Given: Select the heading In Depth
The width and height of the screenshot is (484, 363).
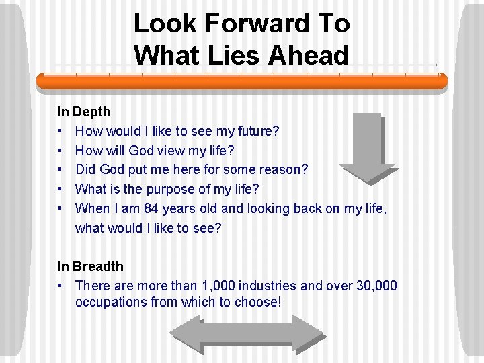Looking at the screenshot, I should pos(83,112).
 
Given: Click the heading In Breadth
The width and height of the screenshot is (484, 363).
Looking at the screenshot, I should pos(90,266).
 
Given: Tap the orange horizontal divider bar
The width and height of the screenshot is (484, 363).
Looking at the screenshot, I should pos(242,81).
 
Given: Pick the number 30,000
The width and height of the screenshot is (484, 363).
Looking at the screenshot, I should pos(376,286).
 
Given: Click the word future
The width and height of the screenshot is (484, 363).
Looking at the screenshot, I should pos(257,131).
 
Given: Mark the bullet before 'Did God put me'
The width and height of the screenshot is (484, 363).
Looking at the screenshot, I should pos(61,170).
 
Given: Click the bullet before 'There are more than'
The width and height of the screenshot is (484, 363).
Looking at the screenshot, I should pos(61,286).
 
